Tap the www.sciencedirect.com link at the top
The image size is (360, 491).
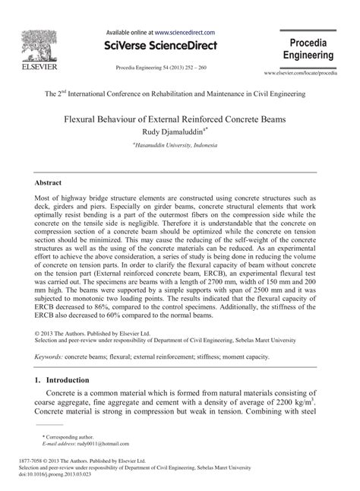pyautogui.click(x=185, y=33)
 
